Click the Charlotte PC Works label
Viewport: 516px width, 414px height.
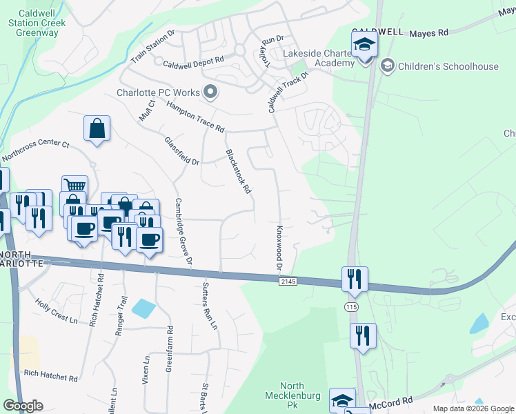(158, 92)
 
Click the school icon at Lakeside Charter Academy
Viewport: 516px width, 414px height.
(364, 47)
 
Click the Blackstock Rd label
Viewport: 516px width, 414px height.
(237, 172)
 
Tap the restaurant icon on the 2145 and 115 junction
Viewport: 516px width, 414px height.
(354, 279)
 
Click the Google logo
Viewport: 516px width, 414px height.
(23, 406)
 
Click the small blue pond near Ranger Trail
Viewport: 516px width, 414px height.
(143, 308)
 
